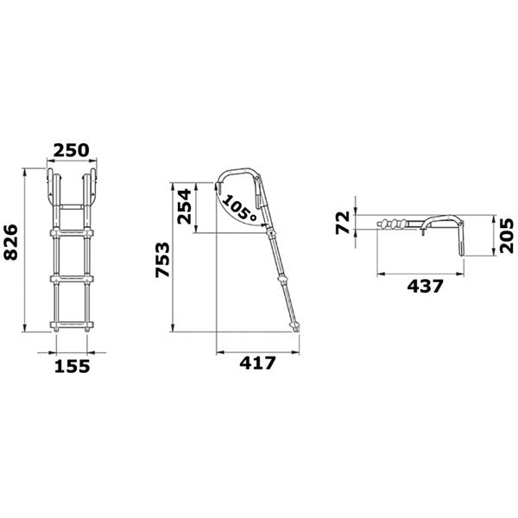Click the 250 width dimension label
[x=72, y=150]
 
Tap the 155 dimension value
[x=72, y=366]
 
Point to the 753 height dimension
[x=162, y=260]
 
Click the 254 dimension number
[x=185, y=206]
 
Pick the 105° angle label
[x=240, y=208]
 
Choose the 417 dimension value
[x=257, y=363]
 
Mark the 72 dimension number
[x=342, y=223]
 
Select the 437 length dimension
[x=425, y=286]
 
